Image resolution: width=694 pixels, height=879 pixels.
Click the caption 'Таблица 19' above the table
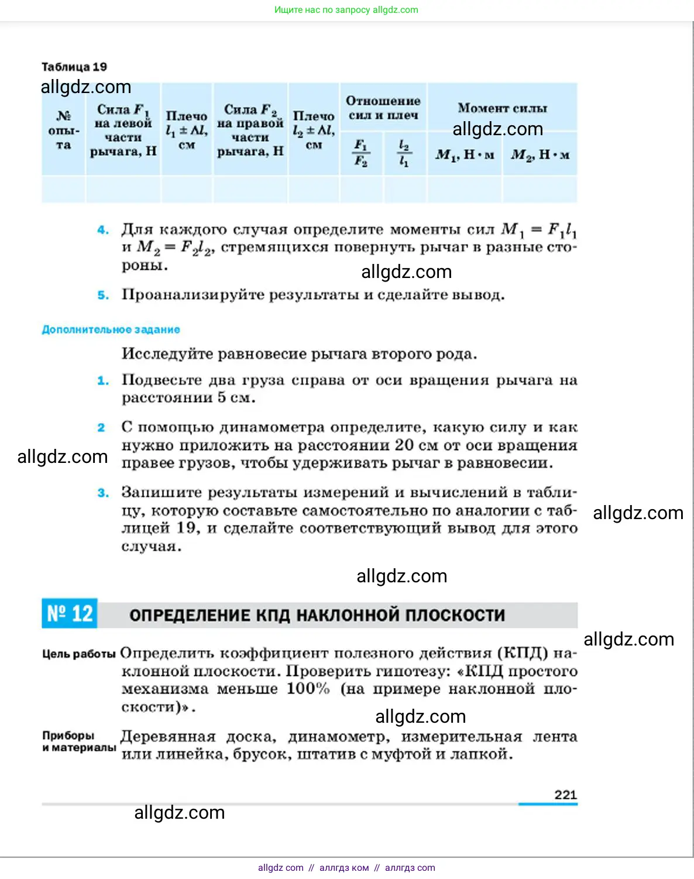74,67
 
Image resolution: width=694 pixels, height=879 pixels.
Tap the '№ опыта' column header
64,130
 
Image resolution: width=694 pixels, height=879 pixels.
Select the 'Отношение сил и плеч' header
383,108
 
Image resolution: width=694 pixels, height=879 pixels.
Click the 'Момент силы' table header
502,108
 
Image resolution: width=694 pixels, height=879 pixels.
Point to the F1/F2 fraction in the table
361,153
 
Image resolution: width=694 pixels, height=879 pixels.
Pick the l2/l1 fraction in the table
404,153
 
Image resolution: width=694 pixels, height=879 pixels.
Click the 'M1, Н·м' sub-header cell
465,155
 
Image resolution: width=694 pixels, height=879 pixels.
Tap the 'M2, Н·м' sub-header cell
540,155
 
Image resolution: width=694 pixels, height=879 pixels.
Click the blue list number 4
103,230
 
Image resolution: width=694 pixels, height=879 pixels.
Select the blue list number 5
103,295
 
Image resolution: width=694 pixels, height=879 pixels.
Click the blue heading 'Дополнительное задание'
111,329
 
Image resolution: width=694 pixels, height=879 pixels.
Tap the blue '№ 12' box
70,614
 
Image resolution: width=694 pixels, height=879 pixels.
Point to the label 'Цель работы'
79,654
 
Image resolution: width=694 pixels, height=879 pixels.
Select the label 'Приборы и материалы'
78,741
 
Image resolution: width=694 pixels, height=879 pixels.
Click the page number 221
565,795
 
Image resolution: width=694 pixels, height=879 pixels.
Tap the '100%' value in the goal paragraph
308,689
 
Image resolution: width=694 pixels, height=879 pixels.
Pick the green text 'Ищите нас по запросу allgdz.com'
346,10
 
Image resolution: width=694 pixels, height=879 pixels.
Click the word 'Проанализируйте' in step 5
193,294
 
